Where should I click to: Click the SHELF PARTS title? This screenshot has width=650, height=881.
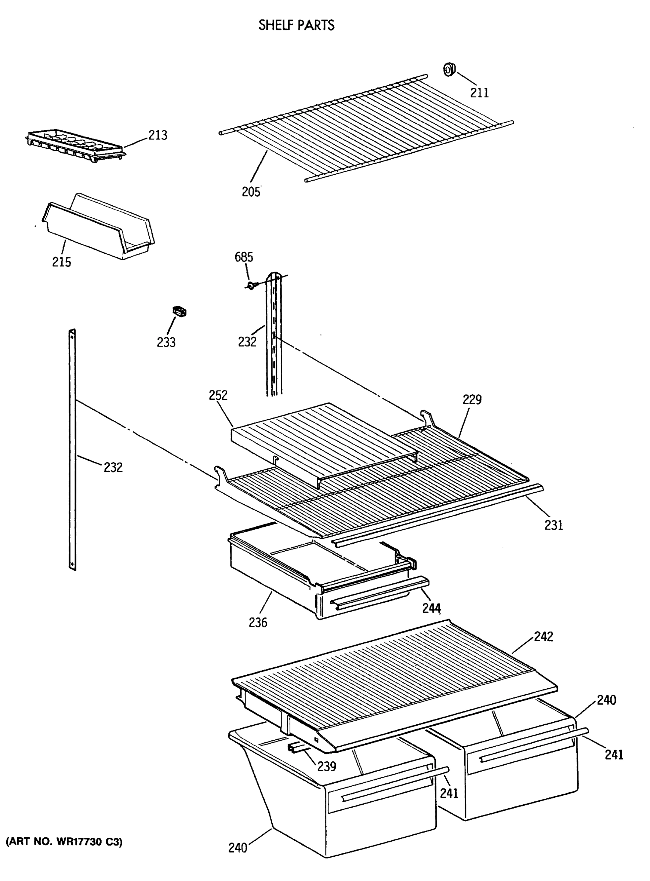pos(296,25)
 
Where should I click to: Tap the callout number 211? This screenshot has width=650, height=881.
pos(479,93)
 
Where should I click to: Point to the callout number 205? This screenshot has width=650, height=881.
pos(251,192)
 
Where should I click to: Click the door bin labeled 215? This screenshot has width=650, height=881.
pos(98,228)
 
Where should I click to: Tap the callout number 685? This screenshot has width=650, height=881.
pos(244,257)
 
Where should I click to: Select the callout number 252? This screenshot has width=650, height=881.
pos(218,395)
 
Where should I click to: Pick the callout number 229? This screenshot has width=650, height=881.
pos(472,399)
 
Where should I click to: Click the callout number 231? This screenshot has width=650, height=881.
pos(553,525)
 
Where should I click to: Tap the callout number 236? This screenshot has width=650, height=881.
pos(258,623)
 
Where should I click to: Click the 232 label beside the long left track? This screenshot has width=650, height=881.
pos(113,467)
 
